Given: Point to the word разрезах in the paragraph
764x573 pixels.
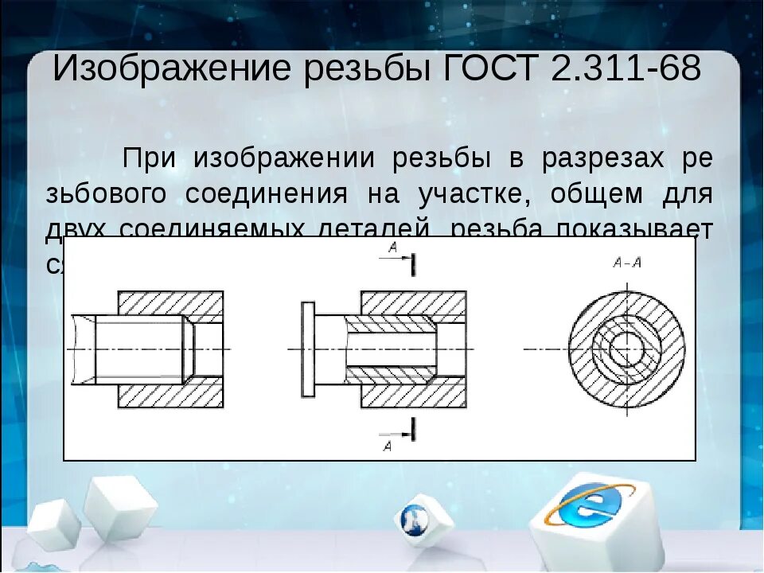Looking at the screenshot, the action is (602, 158).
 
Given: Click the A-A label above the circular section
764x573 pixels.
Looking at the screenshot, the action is (627, 262).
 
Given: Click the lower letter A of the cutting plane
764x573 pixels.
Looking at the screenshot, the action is (388, 446).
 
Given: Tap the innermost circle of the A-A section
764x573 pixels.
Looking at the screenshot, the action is (628, 349).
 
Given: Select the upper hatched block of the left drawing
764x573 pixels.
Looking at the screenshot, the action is (170, 303).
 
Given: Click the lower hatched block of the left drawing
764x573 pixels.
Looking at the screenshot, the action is (170, 396).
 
